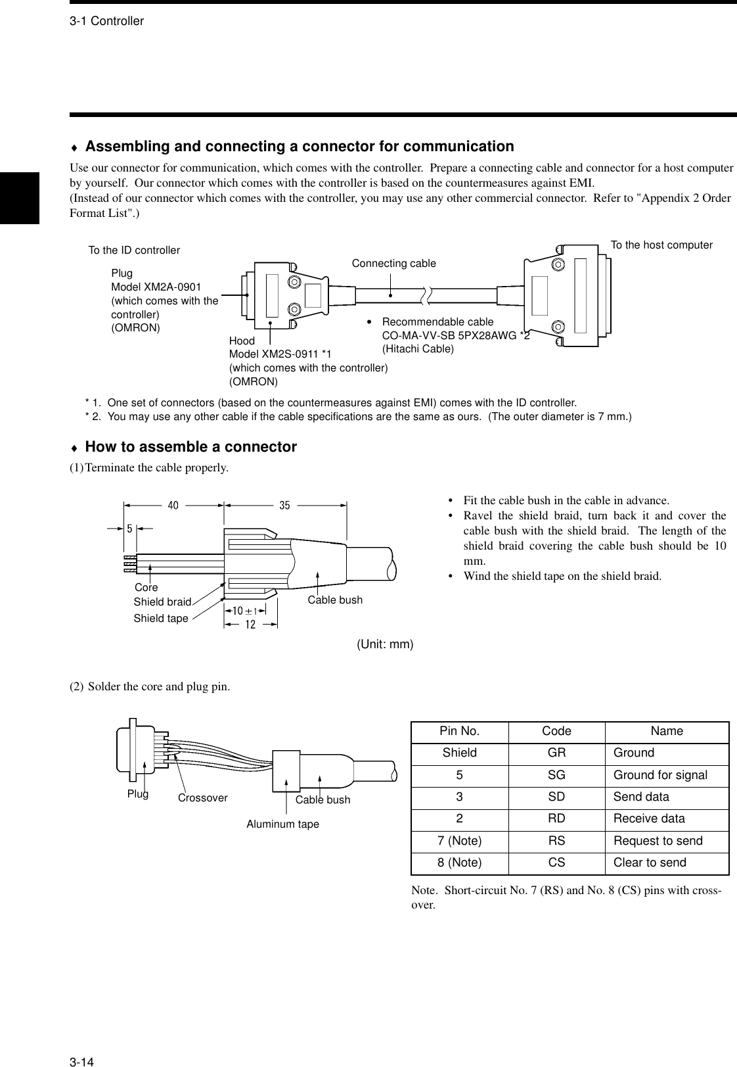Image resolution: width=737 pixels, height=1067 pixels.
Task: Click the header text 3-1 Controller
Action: (106, 21)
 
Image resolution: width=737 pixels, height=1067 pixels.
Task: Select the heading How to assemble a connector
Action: (190, 447)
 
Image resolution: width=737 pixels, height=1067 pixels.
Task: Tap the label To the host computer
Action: (661, 245)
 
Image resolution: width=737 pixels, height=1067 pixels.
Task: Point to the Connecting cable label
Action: (393, 264)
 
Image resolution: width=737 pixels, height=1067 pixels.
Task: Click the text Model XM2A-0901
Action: (156, 287)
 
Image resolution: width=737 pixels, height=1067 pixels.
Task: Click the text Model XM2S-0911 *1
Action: (280, 354)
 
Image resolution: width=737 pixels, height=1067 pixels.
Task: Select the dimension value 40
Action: (173, 506)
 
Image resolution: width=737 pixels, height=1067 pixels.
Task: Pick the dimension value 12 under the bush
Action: (250, 625)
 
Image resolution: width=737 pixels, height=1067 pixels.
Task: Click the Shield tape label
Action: (161, 618)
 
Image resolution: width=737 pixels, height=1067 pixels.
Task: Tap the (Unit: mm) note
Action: (385, 644)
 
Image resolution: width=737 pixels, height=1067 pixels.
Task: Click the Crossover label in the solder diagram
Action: (202, 798)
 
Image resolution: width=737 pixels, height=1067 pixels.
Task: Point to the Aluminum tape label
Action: (282, 824)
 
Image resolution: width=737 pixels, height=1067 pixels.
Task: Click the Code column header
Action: (556, 731)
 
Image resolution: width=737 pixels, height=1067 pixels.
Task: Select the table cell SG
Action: (556, 775)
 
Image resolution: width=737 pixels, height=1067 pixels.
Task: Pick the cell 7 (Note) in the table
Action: (459, 841)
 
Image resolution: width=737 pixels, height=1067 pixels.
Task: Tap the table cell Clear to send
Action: (649, 863)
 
